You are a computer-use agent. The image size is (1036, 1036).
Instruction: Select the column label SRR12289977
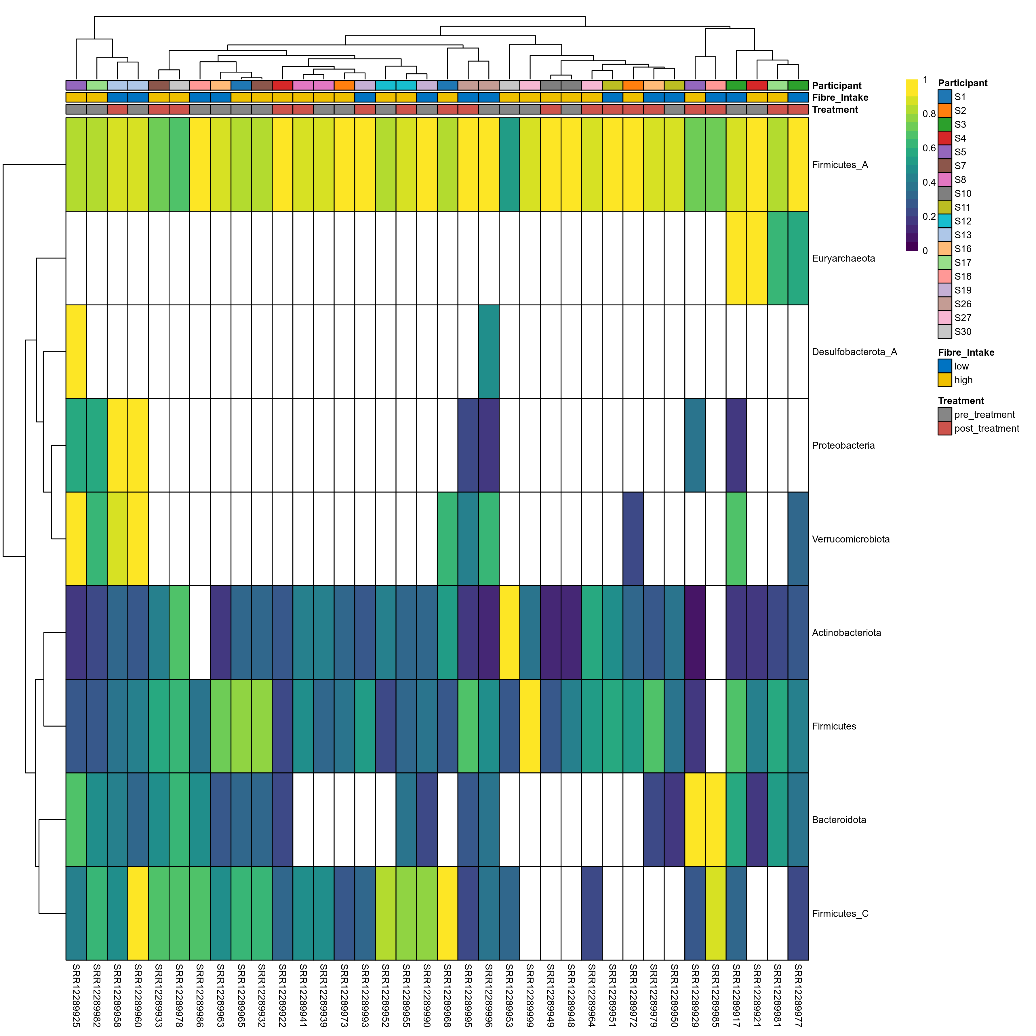[798, 995]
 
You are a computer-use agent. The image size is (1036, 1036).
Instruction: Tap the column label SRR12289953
[509, 995]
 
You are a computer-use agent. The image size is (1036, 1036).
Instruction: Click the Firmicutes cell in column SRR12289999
[530, 726]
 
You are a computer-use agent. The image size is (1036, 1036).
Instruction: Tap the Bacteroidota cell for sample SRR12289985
[715, 819]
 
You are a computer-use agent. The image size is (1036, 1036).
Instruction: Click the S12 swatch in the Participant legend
[945, 221]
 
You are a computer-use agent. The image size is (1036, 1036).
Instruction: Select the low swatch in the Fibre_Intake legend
[945, 366]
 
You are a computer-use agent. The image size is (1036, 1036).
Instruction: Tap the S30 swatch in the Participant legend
[945, 332]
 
